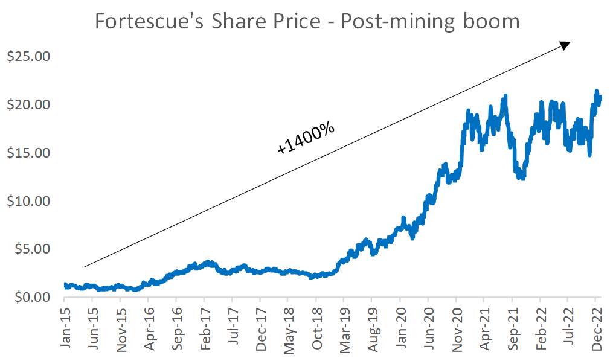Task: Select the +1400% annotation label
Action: [306, 138]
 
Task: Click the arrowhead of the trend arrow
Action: [565, 45]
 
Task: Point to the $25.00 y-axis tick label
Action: [28, 57]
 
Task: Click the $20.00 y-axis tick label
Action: [28, 105]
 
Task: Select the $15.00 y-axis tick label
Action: [28, 153]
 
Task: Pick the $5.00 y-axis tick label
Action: [31, 249]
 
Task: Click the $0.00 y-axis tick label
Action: [31, 297]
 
